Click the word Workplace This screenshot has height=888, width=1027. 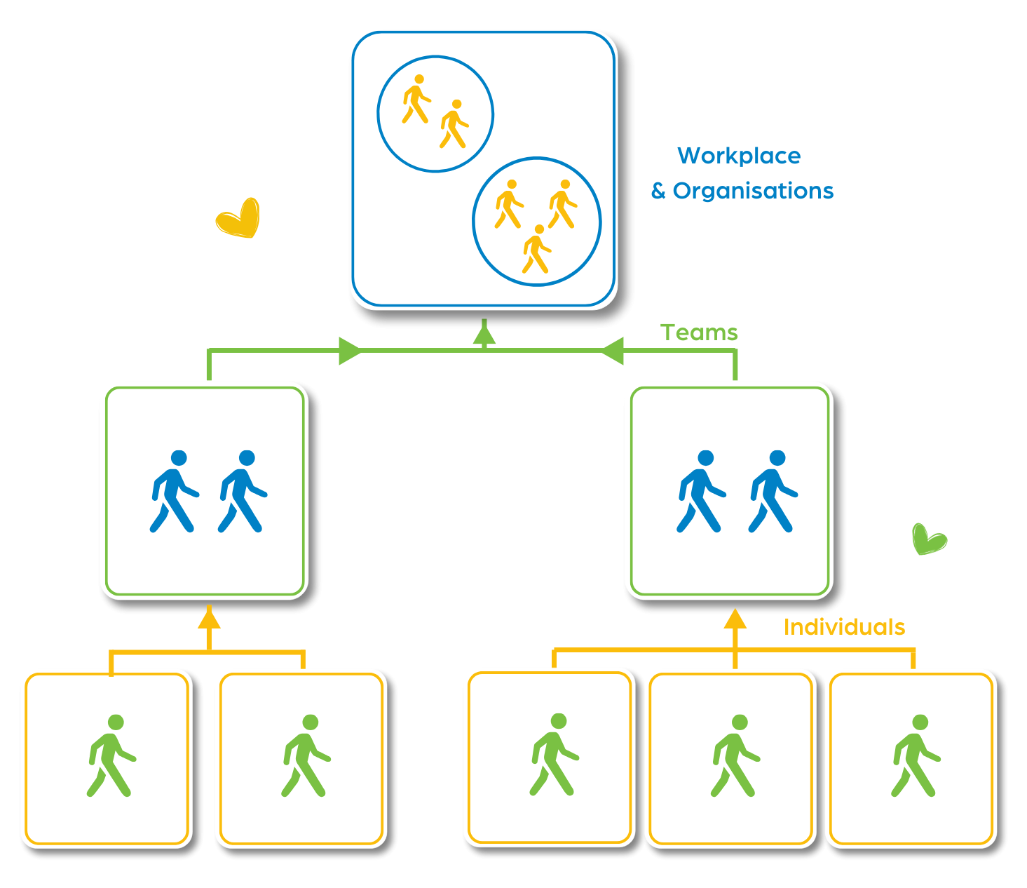click(x=739, y=156)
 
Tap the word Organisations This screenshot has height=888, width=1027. click(x=754, y=191)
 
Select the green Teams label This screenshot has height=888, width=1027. click(x=699, y=332)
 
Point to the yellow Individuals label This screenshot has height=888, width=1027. click(x=844, y=627)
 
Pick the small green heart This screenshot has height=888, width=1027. click(x=929, y=539)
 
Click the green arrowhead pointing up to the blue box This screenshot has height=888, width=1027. click(x=484, y=335)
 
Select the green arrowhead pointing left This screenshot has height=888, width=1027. click(x=613, y=351)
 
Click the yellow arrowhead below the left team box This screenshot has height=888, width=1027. click(x=209, y=619)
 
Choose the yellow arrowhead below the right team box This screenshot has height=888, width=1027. click(x=735, y=619)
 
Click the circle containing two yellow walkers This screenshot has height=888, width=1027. click(x=435, y=114)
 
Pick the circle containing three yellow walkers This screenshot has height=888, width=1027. click(x=537, y=222)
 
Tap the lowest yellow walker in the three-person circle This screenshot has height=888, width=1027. click(x=537, y=249)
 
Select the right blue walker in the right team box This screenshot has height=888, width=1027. click(x=773, y=492)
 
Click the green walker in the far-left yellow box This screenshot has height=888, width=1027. click(x=111, y=756)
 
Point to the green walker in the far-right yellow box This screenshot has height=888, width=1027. click(x=915, y=756)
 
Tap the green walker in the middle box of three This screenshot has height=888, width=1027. click(x=734, y=756)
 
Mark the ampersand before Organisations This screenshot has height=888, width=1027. click(x=658, y=191)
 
